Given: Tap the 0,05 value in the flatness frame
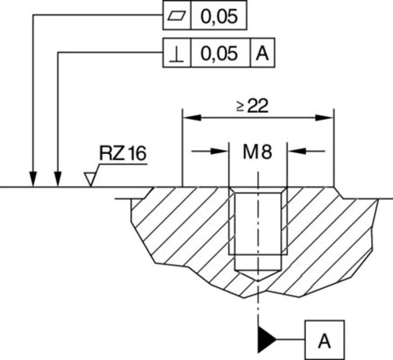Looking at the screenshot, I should click(x=219, y=16).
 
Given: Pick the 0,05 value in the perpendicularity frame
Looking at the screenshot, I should click(x=219, y=53).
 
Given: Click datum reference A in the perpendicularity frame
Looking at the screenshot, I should click(x=262, y=53).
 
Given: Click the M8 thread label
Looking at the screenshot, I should click(x=257, y=152).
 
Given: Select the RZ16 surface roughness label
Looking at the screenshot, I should click(x=122, y=154).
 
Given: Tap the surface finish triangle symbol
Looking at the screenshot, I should click(x=89, y=179).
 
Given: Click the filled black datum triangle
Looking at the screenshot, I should click(x=265, y=339).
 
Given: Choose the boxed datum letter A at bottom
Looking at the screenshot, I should click(x=324, y=339).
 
